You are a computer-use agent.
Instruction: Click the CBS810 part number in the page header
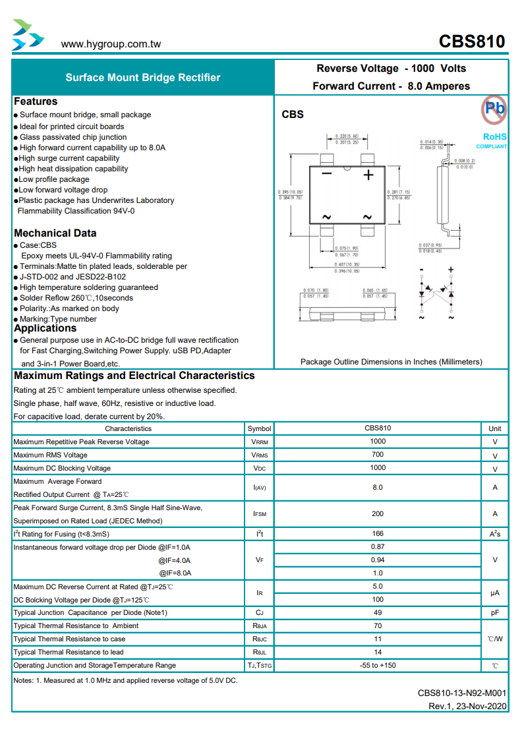472,42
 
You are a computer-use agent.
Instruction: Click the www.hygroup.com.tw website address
111,44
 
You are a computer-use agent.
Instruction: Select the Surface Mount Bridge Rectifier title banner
143,78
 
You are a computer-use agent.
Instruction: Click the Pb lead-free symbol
494,108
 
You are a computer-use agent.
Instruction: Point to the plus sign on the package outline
368,175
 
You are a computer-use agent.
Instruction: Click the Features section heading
36,102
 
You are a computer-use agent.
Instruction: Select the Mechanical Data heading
55,233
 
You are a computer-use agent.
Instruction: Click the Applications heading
45,328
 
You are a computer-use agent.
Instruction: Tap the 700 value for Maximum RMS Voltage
378,455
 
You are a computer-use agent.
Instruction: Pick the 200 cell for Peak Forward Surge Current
378,513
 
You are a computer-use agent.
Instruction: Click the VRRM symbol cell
260,442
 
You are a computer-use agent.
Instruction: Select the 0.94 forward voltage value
378,560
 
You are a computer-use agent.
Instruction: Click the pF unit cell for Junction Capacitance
494,612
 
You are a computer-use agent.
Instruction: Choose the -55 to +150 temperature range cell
378,665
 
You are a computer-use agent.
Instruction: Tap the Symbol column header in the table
260,428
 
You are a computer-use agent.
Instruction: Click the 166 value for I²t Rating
378,533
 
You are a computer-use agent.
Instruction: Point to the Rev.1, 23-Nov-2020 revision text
467,706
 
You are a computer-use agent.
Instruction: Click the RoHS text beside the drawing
494,136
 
